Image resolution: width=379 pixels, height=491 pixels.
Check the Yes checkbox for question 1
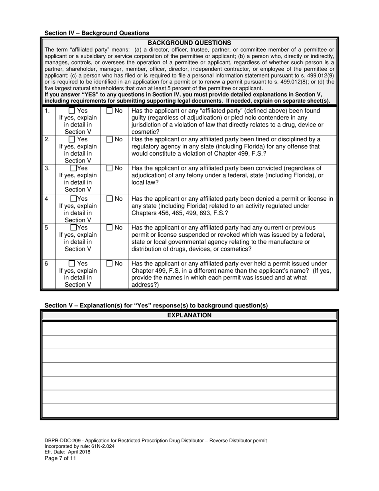[x=72, y=111]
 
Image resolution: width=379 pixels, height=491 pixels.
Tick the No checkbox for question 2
[x=109, y=139]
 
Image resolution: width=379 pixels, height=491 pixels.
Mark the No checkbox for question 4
[x=109, y=198]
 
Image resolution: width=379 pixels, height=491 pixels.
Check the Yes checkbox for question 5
[x=74, y=228]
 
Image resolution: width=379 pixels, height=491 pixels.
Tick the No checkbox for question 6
[x=109, y=263]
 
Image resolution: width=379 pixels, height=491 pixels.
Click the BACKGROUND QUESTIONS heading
[x=189, y=43]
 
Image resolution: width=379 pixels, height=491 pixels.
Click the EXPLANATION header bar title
[x=189, y=315]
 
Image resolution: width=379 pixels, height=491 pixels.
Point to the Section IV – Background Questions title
[x=97, y=33]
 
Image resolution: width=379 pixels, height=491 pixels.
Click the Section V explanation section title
[x=156, y=305]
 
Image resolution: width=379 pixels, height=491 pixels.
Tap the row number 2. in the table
[x=47, y=139]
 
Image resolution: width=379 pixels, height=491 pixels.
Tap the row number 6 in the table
[x=46, y=263]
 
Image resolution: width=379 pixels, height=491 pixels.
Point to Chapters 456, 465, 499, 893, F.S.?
[x=180, y=213]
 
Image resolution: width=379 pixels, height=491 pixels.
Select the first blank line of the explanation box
[x=189, y=329]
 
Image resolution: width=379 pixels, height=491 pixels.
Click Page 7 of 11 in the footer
[x=60, y=458]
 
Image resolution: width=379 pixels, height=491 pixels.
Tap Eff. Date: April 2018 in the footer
[x=67, y=452]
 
